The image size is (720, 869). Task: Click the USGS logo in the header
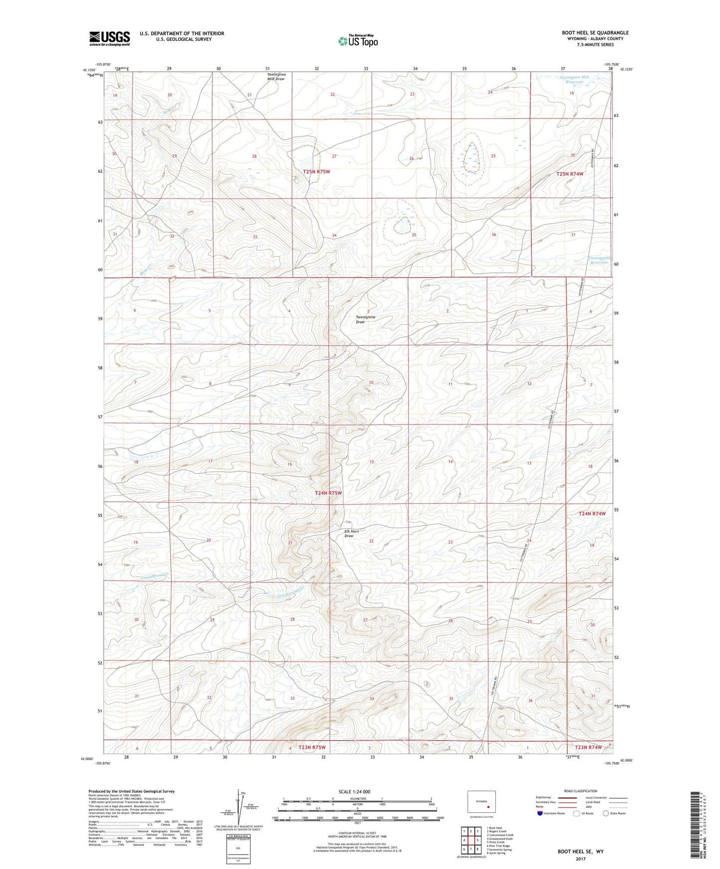(110, 38)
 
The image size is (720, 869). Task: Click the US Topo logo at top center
(358, 40)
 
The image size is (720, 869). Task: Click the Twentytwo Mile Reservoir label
(574, 80)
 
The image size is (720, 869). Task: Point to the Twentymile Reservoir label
(599, 260)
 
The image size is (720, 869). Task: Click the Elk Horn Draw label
(352, 534)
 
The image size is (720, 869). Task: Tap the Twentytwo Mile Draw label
(276, 77)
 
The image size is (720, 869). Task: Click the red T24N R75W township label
(329, 493)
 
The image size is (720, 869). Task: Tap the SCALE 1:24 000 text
(354, 791)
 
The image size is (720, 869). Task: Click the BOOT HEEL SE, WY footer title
(580, 852)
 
